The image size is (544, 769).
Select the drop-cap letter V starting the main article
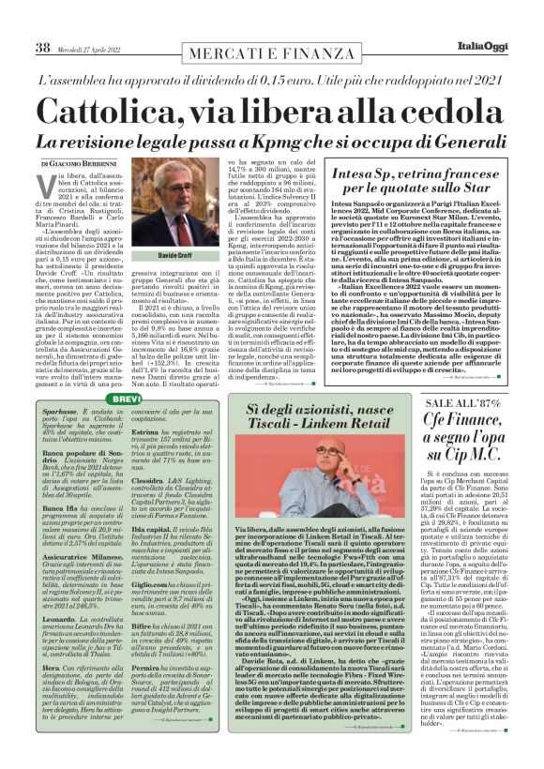click(x=47, y=179)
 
